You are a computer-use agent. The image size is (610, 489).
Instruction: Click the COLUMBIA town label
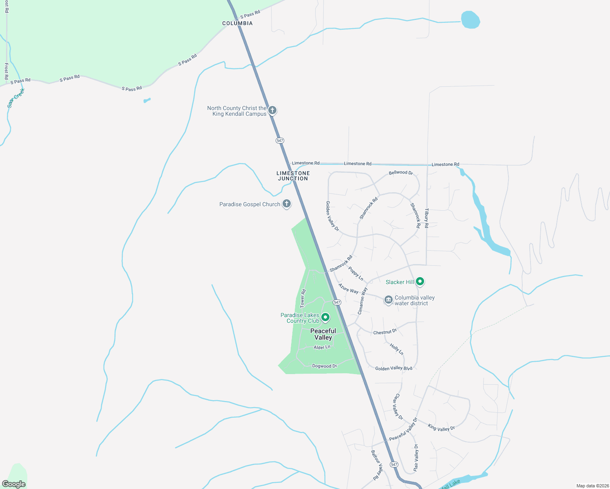237,23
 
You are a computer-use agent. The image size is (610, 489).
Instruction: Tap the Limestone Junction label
293,176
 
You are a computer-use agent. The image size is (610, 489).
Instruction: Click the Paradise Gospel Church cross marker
287,204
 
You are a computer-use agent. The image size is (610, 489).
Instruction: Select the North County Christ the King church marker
272,110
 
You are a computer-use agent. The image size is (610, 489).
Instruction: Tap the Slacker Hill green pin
420,281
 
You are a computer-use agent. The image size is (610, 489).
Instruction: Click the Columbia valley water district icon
389,300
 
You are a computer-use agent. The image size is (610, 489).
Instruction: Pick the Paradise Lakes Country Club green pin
325,317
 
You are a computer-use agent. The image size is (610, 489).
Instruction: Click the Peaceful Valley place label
323,334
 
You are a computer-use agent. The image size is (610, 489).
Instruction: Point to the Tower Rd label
303,299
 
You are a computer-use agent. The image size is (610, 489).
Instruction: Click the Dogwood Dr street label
325,366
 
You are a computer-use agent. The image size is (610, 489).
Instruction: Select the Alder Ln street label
322,347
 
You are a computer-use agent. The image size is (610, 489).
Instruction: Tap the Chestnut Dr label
385,332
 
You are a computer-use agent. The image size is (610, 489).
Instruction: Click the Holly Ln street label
396,349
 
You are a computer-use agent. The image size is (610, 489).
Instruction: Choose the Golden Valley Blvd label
393,368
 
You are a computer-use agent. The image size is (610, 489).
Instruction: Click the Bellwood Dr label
401,173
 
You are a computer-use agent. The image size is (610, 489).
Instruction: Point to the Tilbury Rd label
427,218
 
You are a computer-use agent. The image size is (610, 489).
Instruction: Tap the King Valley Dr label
441,427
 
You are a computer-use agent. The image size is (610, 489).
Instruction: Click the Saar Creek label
16,98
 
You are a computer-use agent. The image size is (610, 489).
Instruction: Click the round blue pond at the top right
470,20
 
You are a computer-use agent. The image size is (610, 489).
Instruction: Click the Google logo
14,484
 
